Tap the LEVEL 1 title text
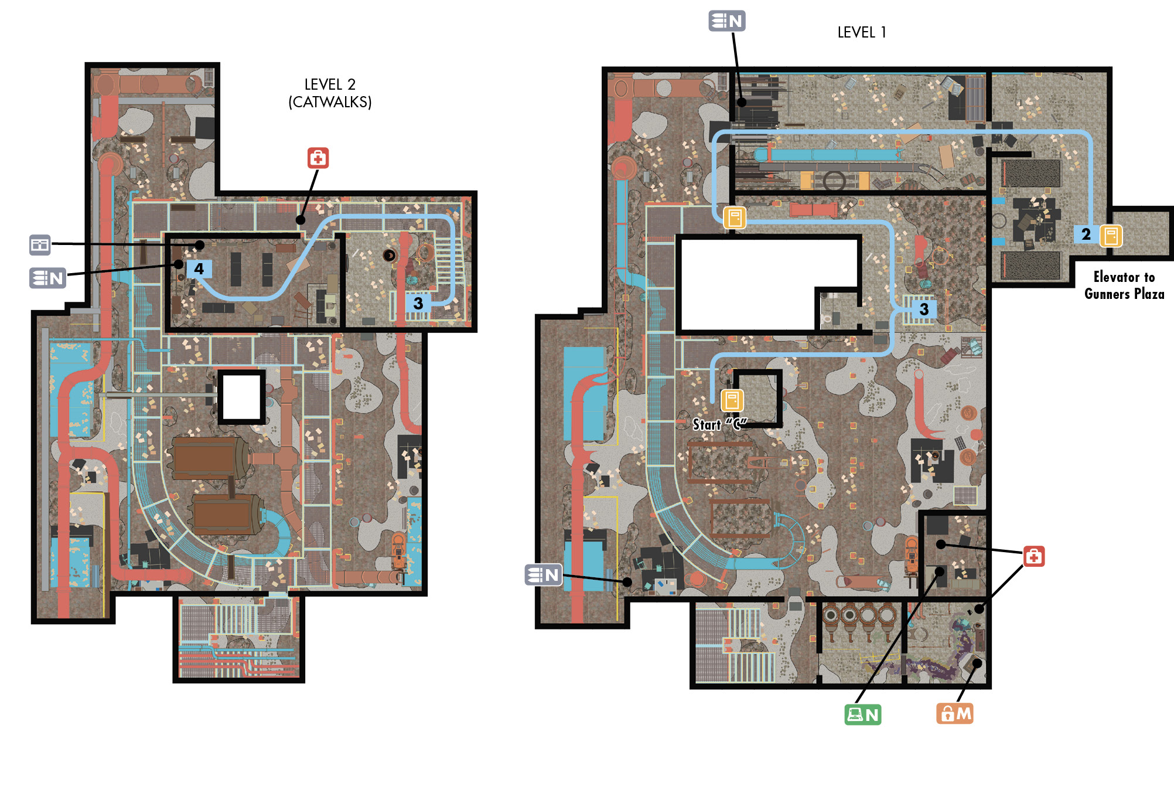click(862, 32)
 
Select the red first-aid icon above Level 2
click(318, 158)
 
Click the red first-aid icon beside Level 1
click(1034, 556)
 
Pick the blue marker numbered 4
click(199, 269)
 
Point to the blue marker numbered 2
click(1086, 234)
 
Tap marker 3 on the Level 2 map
click(418, 303)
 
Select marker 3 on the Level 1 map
click(924, 309)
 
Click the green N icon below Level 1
click(863, 714)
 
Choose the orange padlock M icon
click(955, 713)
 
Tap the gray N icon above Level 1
click(727, 21)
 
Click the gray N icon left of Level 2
click(48, 278)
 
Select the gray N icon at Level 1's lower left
click(544, 575)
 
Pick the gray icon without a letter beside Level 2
click(40, 244)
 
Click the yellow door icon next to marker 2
click(1111, 236)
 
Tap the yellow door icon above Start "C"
click(732, 401)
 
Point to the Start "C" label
click(720, 424)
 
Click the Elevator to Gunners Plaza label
click(1124, 285)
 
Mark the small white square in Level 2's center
click(241, 397)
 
